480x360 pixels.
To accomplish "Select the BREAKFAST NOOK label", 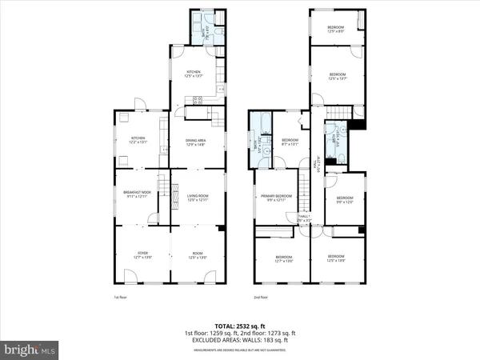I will click(x=137, y=194).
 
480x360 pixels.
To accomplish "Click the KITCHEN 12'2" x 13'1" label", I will click(x=138, y=139).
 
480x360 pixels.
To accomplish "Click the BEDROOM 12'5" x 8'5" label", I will click(x=335, y=30).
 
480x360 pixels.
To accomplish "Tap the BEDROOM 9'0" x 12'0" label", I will click(x=345, y=199).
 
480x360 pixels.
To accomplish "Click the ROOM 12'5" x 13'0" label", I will click(x=198, y=255).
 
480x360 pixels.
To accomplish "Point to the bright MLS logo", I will click(x=30, y=350).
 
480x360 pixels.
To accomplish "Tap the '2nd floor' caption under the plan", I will click(x=262, y=297).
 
